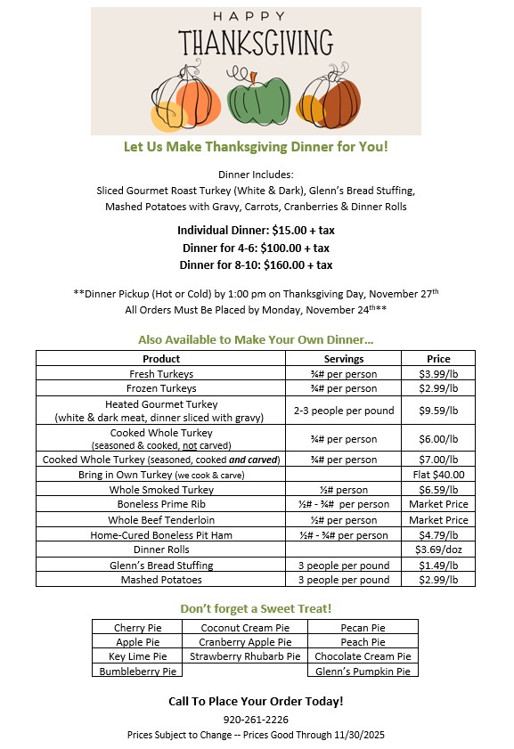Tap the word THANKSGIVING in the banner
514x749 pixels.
tap(257, 42)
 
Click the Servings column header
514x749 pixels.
tap(344, 359)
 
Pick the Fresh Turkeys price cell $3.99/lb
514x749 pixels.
tap(437, 374)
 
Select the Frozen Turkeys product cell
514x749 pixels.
tap(161, 388)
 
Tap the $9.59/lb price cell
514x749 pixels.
tap(437, 411)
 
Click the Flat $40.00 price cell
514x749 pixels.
tap(437, 475)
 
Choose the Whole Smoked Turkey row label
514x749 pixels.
tap(161, 490)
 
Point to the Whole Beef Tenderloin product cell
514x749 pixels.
tap(161, 520)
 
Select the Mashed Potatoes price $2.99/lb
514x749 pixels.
tap(437, 580)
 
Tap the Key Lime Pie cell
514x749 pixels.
tap(138, 656)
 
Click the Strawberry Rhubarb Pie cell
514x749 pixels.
tap(245, 656)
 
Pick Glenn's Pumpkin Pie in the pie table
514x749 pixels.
tap(363, 671)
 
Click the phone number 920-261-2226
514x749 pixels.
tap(256, 719)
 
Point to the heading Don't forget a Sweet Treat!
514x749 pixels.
tap(256, 608)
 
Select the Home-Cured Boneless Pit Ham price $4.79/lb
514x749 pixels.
tap(437, 535)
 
